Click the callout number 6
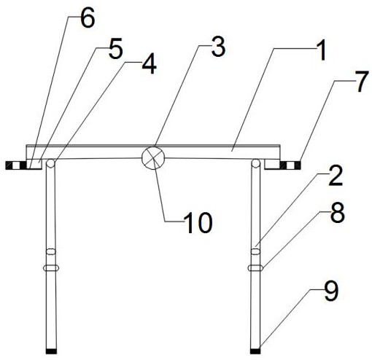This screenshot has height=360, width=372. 88,20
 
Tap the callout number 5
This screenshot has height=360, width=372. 115,50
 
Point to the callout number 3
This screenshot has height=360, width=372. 218,48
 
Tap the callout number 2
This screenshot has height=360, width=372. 336,176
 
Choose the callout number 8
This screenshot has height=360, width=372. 337,214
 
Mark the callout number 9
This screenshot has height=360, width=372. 330,291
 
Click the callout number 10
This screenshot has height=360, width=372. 198,222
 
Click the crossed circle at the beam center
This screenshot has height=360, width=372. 153,158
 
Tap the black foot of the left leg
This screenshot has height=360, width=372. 51,351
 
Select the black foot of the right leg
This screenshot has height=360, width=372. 255,351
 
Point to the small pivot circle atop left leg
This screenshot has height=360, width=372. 50,163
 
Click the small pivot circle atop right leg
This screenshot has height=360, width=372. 255,163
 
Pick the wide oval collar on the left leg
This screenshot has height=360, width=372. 51,267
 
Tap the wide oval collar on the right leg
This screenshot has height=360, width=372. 255,267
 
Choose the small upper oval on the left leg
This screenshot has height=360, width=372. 51,251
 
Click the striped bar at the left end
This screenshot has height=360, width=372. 16,165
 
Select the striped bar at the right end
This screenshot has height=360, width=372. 290,165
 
